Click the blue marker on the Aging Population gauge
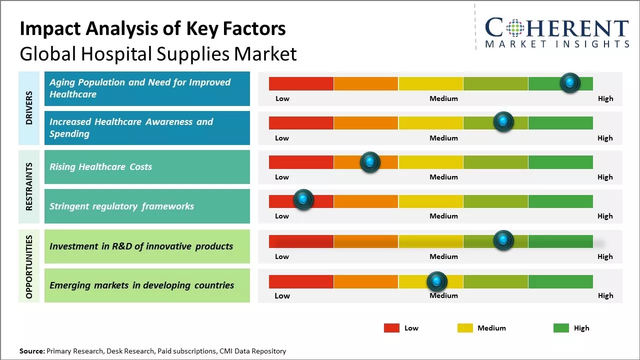click(x=570, y=82)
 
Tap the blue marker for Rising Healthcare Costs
click(x=370, y=162)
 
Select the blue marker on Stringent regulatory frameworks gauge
click(x=303, y=199)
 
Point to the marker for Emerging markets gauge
click(x=437, y=282)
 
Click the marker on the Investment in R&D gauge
click(x=503, y=240)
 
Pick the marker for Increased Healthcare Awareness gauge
click(x=503, y=121)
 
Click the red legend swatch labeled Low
click(x=391, y=328)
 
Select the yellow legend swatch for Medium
click(x=465, y=328)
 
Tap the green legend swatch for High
click(x=561, y=328)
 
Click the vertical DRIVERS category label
click(x=29, y=107)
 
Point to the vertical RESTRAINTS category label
click(x=29, y=186)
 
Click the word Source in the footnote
click(x=31, y=351)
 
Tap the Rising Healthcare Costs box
click(x=147, y=167)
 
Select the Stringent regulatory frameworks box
click(x=147, y=206)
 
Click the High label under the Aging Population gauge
click(x=605, y=98)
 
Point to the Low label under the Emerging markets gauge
click(x=282, y=295)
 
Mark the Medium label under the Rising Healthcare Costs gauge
click(x=443, y=177)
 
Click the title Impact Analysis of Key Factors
click(x=152, y=29)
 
